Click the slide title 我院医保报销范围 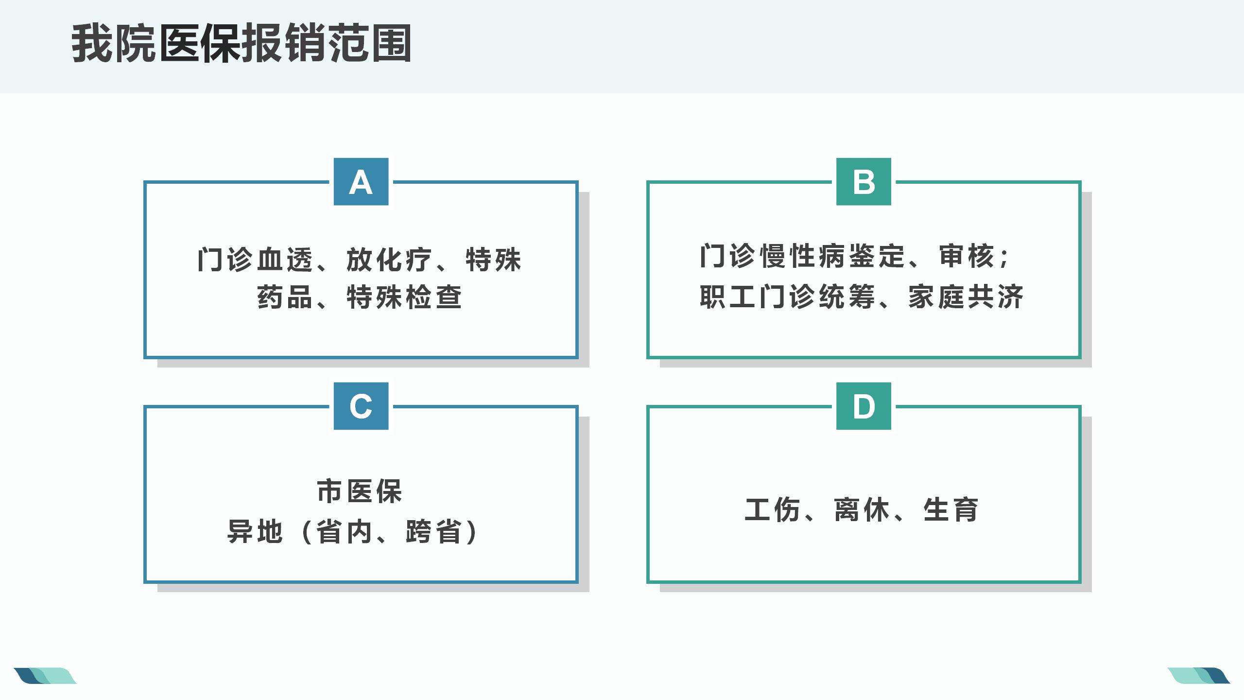click(242, 44)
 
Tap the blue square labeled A click(361, 181)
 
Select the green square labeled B click(864, 181)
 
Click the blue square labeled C click(361, 406)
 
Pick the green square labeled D click(864, 406)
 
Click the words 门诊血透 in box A click(256, 260)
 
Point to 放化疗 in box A click(389, 260)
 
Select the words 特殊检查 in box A click(404, 297)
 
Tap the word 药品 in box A click(284, 297)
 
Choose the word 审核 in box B click(967, 256)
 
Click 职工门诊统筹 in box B click(787, 297)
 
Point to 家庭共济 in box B click(966, 297)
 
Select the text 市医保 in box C click(360, 491)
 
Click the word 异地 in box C click(255, 531)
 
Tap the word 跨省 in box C click(433, 531)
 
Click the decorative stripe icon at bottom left click(45, 676)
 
